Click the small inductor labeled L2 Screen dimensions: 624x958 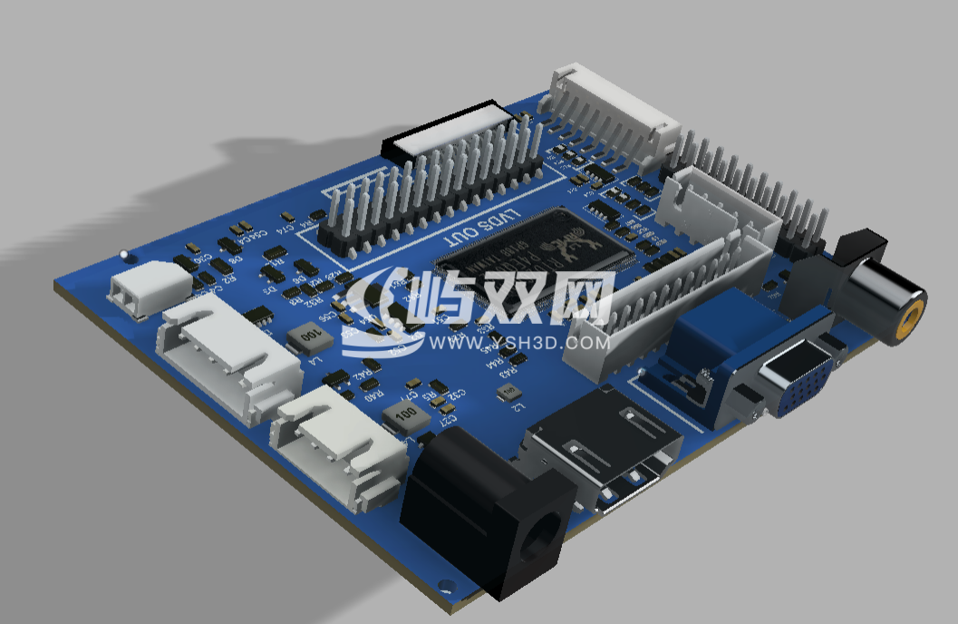coord(509,392)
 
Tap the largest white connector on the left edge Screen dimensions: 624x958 coord(228,355)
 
